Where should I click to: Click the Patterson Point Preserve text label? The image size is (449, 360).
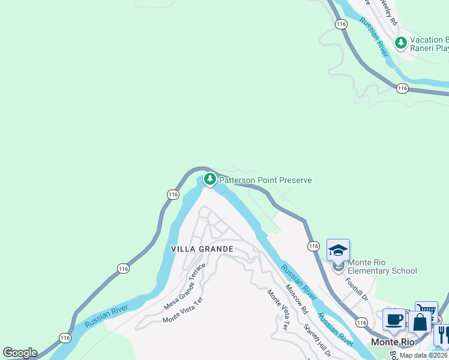pyautogui.click(x=265, y=180)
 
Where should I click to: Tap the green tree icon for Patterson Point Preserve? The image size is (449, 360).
pyautogui.click(x=209, y=179)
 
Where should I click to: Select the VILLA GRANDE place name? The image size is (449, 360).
pyautogui.click(x=202, y=248)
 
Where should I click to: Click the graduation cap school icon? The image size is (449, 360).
pyautogui.click(x=338, y=250)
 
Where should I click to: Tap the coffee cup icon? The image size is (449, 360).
pyautogui.click(x=394, y=320)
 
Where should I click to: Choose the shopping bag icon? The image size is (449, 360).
pyautogui.click(x=421, y=322)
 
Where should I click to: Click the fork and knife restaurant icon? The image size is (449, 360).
pyautogui.click(x=443, y=333)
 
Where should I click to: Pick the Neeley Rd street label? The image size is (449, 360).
pyautogui.click(x=387, y=12)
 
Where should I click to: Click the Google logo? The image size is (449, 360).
pyautogui.click(x=20, y=353)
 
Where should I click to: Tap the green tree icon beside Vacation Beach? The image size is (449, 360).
pyautogui.click(x=400, y=43)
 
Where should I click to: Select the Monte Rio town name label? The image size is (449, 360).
pyautogui.click(x=393, y=341)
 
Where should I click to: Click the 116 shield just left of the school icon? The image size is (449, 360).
pyautogui.click(x=313, y=246)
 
